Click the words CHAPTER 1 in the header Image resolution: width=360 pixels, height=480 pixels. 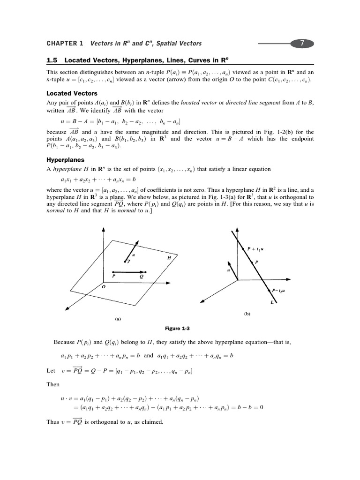click(x=65, y=44)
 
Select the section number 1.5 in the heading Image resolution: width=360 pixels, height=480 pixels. click(x=52, y=61)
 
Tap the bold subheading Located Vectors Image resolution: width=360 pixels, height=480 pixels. click(x=72, y=94)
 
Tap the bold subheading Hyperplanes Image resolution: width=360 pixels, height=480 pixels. click(x=65, y=160)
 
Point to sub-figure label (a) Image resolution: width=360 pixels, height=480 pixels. click(x=118, y=319)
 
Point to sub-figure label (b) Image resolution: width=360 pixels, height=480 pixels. click(x=247, y=314)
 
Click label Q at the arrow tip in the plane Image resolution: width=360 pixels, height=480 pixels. click(x=141, y=277)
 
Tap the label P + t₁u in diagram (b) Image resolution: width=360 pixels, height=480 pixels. click(x=256, y=249)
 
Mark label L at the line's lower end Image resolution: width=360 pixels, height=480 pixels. click(x=272, y=303)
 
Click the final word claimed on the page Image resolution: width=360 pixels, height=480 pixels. click(x=150, y=422)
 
